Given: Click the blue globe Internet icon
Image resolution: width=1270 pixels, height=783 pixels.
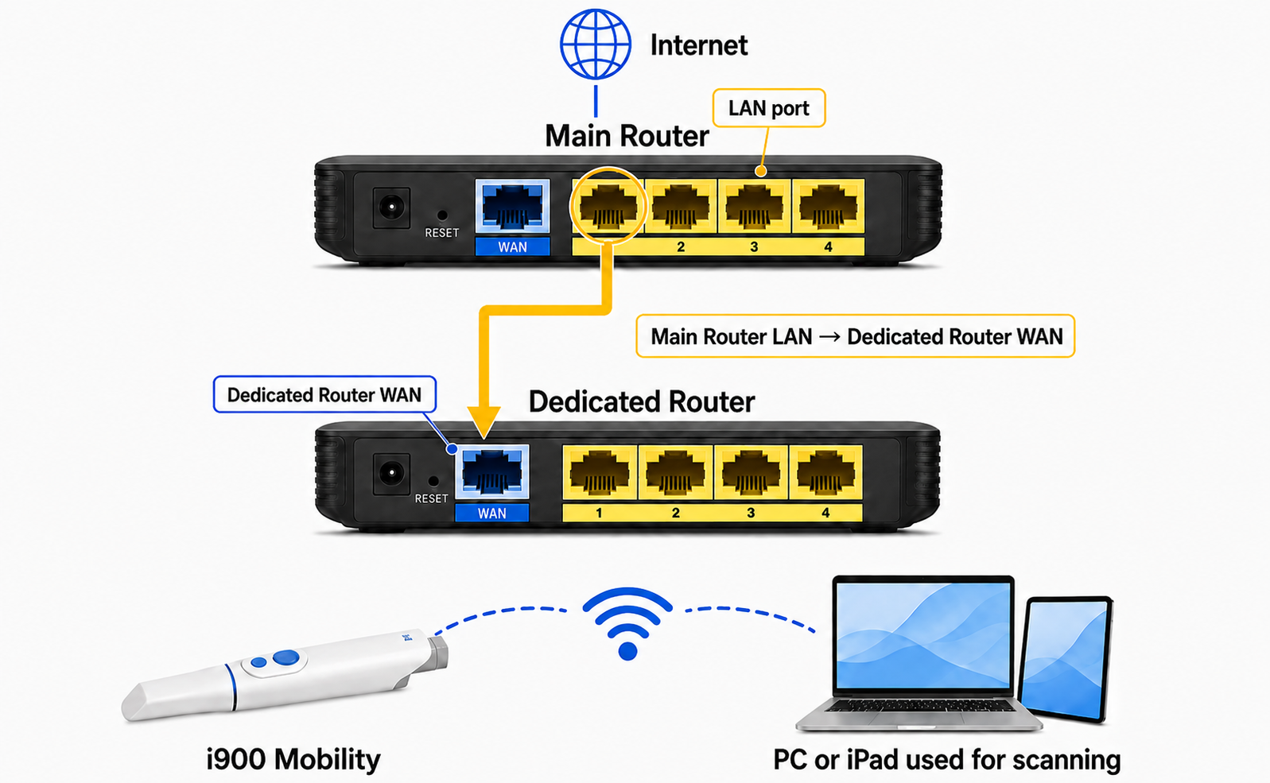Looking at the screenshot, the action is [596, 44].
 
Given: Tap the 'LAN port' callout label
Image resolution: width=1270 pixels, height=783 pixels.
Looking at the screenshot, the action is [769, 107].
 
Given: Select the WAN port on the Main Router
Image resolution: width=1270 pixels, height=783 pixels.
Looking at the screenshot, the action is [513, 206].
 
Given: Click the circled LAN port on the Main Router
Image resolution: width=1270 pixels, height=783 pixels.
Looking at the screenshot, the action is [608, 206].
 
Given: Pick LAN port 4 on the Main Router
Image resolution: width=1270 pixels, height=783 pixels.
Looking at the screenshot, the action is [828, 206].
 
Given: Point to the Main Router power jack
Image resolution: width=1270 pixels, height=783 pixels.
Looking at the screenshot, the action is [391, 208].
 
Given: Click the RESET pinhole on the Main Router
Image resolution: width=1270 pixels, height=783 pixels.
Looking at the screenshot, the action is [442, 215].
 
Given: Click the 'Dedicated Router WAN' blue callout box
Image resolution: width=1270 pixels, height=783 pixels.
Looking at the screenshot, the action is [324, 394].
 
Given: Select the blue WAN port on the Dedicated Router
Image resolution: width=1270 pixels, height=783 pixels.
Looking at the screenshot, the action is [492, 472].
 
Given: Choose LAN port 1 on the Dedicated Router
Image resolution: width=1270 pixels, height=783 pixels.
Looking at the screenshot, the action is [600, 472].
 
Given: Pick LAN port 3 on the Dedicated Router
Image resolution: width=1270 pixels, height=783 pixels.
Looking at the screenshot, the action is [751, 472].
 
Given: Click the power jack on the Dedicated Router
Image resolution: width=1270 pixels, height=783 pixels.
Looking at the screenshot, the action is [391, 474].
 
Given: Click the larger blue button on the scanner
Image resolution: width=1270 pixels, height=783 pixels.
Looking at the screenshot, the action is [286, 657].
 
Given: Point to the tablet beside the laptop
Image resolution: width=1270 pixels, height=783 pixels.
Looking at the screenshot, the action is [1066, 659].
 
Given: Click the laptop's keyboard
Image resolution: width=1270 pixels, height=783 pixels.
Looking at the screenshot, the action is [919, 706].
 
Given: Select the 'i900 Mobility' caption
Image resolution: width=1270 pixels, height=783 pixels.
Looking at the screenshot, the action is [293, 759].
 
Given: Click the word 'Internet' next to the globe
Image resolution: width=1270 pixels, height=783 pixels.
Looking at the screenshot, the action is [698, 45].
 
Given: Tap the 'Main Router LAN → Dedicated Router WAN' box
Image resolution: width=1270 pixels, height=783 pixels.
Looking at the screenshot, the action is [856, 336].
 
